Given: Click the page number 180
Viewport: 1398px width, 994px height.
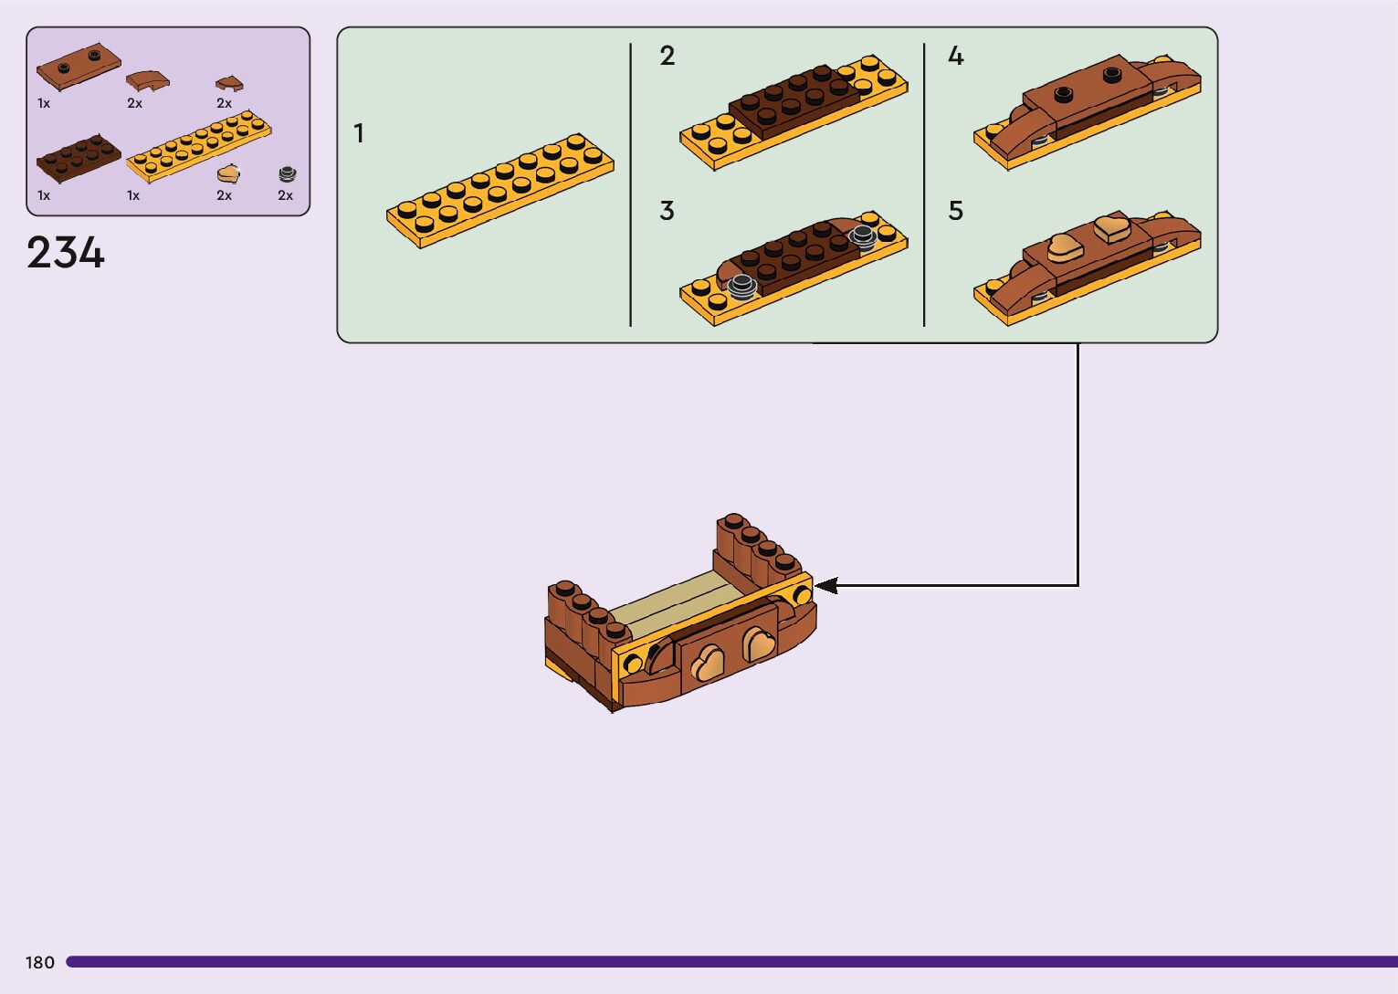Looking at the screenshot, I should point(40,962).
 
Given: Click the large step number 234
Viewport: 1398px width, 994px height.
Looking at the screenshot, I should point(66,253).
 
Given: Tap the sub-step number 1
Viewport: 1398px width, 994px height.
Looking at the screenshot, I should point(359,134).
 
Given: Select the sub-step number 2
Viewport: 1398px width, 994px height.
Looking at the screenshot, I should point(667,57).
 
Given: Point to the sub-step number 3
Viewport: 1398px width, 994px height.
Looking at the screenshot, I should point(667,212).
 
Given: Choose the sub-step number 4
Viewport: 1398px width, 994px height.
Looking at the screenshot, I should point(955,57).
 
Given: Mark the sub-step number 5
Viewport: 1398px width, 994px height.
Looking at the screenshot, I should point(955,212).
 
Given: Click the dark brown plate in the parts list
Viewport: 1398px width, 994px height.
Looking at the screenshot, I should point(78,158).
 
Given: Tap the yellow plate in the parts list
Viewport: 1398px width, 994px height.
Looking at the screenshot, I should point(199,146).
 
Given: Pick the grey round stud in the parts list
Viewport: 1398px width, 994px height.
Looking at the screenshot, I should point(288,173).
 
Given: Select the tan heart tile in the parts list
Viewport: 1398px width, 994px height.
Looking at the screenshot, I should point(227,173).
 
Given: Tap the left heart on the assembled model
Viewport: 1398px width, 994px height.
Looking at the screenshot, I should point(707,664).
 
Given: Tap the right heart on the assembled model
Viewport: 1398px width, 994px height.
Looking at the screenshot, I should point(759,644).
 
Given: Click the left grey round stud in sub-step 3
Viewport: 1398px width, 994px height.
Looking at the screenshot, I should point(741,286).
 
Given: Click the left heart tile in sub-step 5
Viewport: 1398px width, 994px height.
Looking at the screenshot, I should point(1063,246).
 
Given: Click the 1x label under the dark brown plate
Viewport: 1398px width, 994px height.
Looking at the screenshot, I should point(44,195).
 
